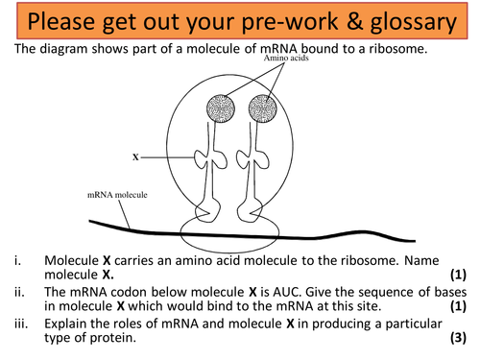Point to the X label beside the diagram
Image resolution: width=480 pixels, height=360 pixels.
click(134, 153)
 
